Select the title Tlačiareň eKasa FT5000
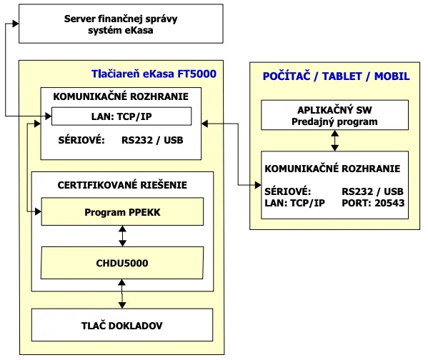(154, 74)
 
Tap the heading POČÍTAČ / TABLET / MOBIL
(337, 76)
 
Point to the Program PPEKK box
(122, 212)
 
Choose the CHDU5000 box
(122, 262)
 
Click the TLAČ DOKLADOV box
(122, 325)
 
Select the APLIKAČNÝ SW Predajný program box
(334, 115)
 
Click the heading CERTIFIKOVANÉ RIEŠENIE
(122, 185)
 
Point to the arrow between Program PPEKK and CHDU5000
(122, 236)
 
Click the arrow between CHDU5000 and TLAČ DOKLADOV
(122, 294)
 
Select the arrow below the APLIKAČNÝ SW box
(334, 141)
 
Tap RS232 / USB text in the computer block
(372, 191)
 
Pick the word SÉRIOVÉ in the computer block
(287, 191)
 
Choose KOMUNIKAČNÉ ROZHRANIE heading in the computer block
(332, 169)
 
